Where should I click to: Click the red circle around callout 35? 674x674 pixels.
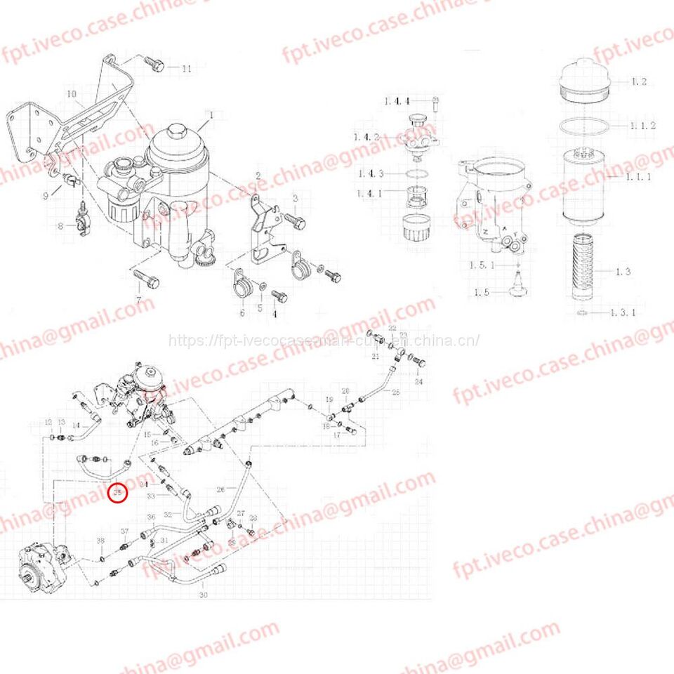(x=118, y=494)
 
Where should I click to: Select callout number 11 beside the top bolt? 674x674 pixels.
(x=186, y=69)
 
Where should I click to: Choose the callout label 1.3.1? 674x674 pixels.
(x=622, y=312)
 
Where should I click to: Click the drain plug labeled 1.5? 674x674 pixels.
(x=518, y=282)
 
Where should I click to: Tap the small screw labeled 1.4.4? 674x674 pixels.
(x=435, y=103)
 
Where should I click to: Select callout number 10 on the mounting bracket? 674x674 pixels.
(x=71, y=93)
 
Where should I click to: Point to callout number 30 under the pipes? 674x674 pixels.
(x=204, y=595)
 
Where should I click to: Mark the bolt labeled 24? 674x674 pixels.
(x=420, y=364)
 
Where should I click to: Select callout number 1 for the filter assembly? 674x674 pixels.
(x=209, y=114)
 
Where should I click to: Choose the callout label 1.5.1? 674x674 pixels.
(x=482, y=265)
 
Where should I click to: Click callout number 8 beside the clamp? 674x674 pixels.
(x=60, y=226)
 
